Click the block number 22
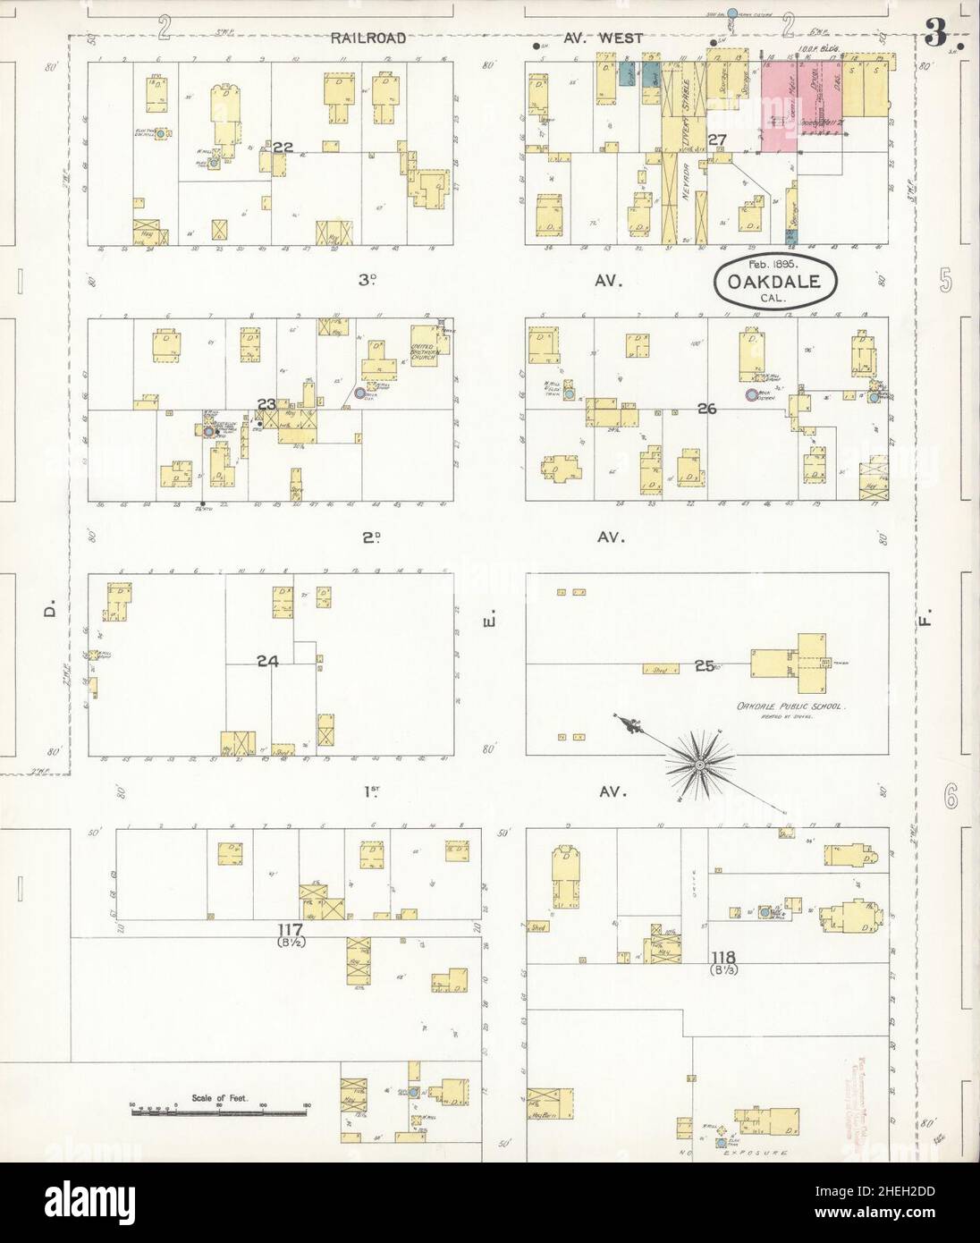(283, 147)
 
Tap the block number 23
(266, 404)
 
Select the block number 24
(267, 662)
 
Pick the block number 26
(707, 409)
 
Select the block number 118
(723, 956)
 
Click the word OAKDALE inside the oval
(774, 281)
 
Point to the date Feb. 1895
(774, 266)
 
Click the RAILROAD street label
(367, 38)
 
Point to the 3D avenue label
(366, 280)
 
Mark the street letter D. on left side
(50, 610)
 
